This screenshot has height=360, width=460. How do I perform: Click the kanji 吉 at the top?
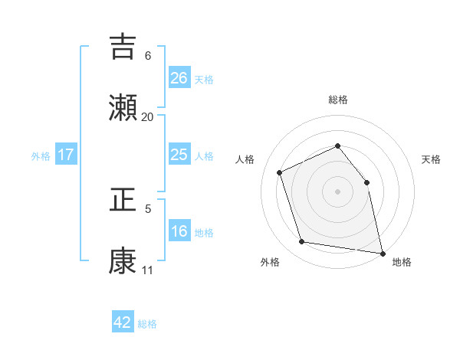tap(123, 47)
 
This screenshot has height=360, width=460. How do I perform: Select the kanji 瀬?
tap(123, 107)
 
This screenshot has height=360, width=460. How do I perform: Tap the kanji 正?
tap(123, 201)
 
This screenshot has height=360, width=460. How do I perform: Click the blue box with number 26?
tap(179, 77)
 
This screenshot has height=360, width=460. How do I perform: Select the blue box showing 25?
tap(179, 155)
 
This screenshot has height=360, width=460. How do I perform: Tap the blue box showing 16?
tap(179, 231)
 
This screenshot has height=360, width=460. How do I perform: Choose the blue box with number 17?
tap(66, 155)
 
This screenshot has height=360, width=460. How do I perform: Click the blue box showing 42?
tap(123, 322)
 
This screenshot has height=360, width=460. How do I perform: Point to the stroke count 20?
tap(147, 117)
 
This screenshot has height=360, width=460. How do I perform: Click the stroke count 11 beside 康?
tap(147, 270)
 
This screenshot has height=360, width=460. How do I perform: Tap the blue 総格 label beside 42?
tap(147, 324)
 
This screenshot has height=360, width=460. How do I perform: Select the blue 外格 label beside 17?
tap(41, 156)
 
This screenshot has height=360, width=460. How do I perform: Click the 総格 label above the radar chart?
tap(338, 100)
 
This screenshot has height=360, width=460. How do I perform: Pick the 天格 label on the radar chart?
tap(432, 159)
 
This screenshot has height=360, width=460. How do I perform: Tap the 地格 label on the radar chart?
tap(402, 263)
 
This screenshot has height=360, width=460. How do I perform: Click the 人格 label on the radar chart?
tap(245, 159)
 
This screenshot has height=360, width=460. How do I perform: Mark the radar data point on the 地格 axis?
tap(382, 252)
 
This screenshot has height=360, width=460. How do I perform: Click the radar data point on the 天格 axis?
tap(366, 182)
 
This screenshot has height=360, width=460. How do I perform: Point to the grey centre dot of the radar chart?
tap(338, 191)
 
